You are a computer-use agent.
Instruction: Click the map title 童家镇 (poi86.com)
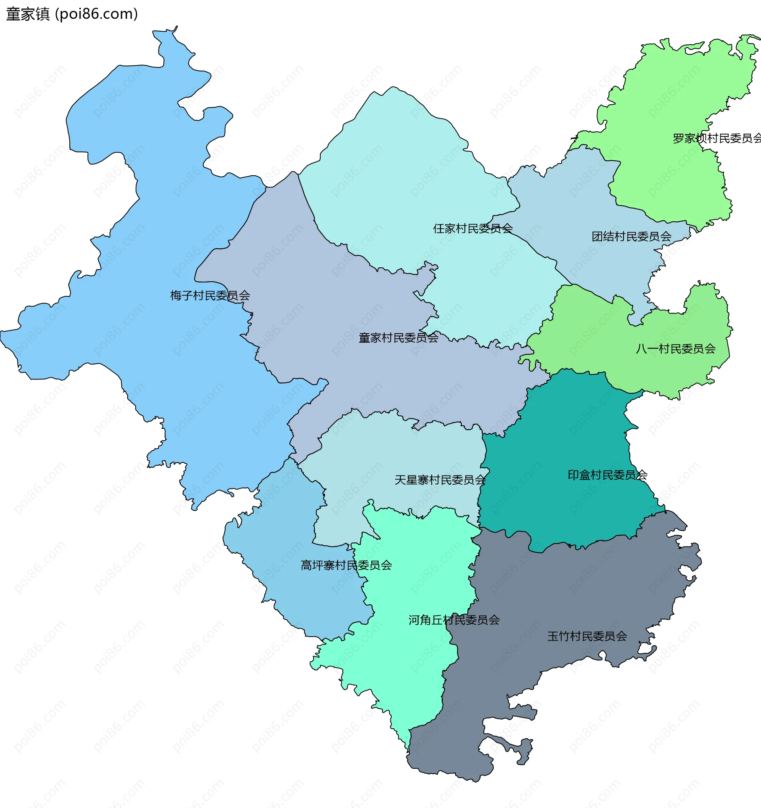coord(72,14)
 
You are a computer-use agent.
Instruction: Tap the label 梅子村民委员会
coord(210,296)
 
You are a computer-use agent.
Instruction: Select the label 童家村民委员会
coord(398,338)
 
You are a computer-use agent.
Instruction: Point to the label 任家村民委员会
coord(473,228)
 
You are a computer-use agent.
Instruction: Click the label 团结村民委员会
coord(631,236)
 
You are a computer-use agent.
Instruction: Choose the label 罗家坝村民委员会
coord(716,138)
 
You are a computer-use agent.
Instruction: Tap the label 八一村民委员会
coord(675,349)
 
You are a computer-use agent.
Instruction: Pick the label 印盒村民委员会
coord(607,475)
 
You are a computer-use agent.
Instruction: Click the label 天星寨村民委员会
coord(440,480)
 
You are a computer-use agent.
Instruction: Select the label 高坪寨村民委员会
coord(346,565)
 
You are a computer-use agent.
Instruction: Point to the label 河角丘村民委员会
coord(453,620)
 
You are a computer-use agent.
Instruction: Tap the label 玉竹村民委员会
coord(587,637)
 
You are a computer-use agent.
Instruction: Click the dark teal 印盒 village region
coord(568,439)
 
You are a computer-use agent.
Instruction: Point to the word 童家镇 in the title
coord(28,14)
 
